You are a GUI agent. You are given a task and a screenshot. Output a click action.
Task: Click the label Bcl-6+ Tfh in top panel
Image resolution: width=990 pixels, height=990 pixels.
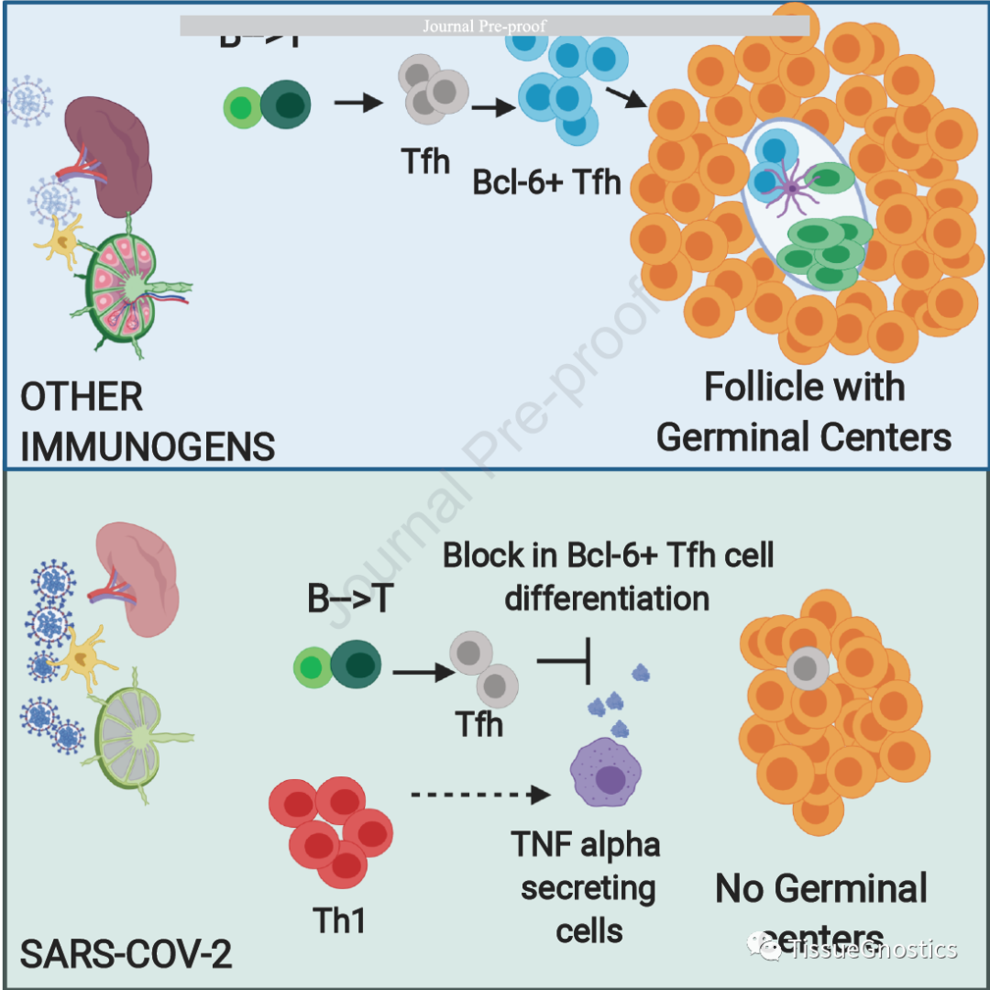[x=547, y=181]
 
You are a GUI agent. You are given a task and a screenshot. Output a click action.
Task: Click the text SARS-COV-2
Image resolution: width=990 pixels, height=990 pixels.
[x=126, y=954]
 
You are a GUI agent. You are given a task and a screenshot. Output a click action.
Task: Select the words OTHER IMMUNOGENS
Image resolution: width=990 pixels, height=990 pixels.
[x=147, y=422]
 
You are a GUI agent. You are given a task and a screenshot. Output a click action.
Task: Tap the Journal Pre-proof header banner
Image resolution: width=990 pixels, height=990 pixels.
[x=494, y=26]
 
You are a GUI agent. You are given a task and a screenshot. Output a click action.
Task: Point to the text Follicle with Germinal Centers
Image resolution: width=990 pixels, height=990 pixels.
[x=804, y=412]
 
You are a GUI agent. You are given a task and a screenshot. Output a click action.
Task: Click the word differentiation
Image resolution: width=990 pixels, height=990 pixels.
[x=607, y=598]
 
